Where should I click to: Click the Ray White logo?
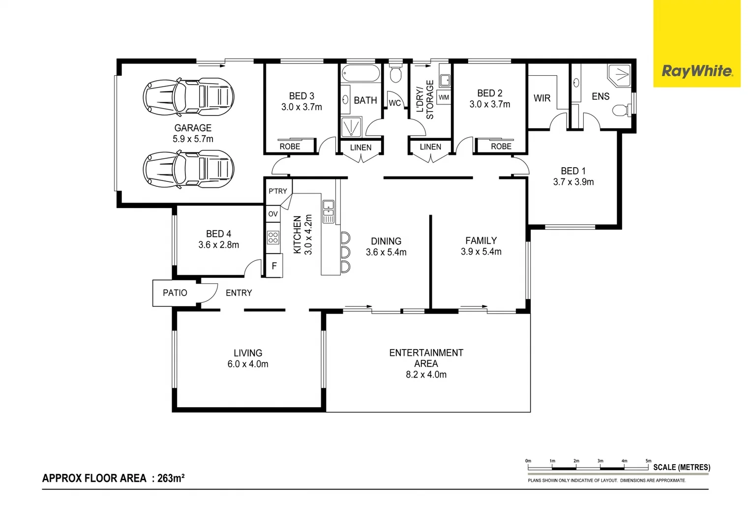pyautogui.click(x=697, y=71)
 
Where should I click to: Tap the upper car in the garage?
pyautogui.click(x=188, y=96)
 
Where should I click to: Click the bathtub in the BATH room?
pyautogui.click(x=360, y=74)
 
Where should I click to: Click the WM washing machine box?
pyautogui.click(x=444, y=97)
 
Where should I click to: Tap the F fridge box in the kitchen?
pyautogui.click(x=274, y=266)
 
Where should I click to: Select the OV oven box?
pyautogui.click(x=273, y=214)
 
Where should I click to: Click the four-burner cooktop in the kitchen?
pyautogui.click(x=273, y=238)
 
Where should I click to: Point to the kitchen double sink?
pyautogui.click(x=328, y=211)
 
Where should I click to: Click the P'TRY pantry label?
pyautogui.click(x=278, y=191)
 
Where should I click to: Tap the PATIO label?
pyautogui.click(x=175, y=293)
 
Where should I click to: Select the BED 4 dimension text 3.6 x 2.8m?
pyautogui.click(x=218, y=245)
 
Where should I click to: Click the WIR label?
pyautogui.click(x=541, y=98)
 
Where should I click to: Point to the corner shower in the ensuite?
pyautogui.click(x=619, y=75)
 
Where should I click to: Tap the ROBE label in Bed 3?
pyautogui.click(x=290, y=147)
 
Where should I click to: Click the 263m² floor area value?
pyautogui.click(x=171, y=478)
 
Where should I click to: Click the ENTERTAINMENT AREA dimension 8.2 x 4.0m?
pyautogui.click(x=426, y=375)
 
